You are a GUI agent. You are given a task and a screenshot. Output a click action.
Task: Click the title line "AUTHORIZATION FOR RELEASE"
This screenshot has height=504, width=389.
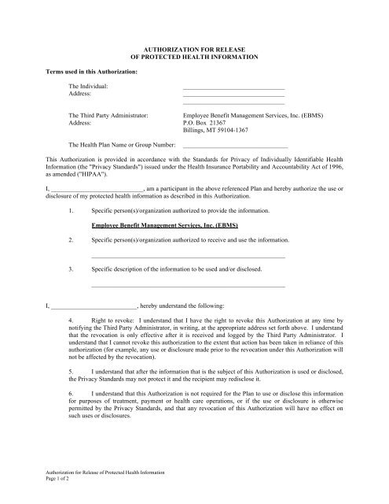pyautogui.click(x=194, y=49)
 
